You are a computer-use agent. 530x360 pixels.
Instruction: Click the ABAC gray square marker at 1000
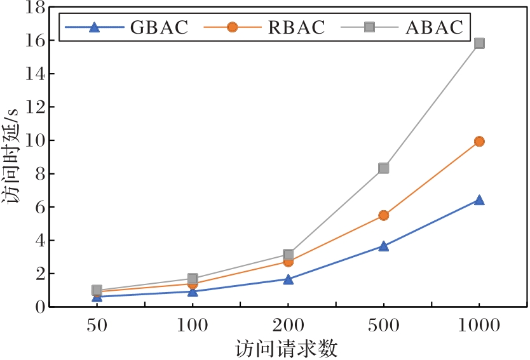pyautogui.click(x=479, y=43)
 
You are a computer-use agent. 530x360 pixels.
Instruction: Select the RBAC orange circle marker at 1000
pyautogui.click(x=479, y=141)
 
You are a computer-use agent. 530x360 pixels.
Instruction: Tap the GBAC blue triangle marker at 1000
pyautogui.click(x=479, y=200)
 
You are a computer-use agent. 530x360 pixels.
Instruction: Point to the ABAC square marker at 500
pyautogui.click(x=383, y=168)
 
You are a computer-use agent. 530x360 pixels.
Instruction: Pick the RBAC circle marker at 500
pyautogui.click(x=383, y=215)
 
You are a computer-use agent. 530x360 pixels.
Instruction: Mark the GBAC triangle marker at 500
pyautogui.click(x=383, y=246)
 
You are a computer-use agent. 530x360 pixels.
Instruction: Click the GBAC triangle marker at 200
pyautogui.click(x=288, y=279)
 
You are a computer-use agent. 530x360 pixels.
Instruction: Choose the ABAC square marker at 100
pyautogui.click(x=193, y=278)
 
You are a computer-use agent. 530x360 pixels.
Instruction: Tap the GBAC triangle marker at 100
pyautogui.click(x=193, y=291)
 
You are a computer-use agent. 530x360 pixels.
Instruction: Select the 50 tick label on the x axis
pyautogui.click(x=97, y=327)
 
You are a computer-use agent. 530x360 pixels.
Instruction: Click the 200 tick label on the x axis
pyautogui.click(x=288, y=327)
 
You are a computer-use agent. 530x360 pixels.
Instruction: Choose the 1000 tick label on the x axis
pyautogui.click(x=479, y=327)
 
